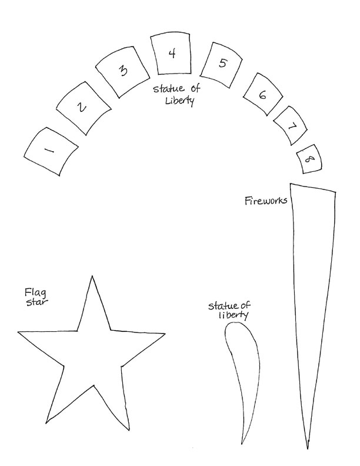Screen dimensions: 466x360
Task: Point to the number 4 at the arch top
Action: coord(172,54)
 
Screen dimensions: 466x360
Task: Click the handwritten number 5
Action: coord(222,64)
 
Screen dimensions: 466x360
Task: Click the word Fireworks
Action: coord(265,201)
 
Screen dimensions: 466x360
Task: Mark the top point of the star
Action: coord(91,276)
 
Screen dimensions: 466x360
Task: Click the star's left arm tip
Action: coord(18,332)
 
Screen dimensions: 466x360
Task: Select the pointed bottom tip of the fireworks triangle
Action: coord(307,448)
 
